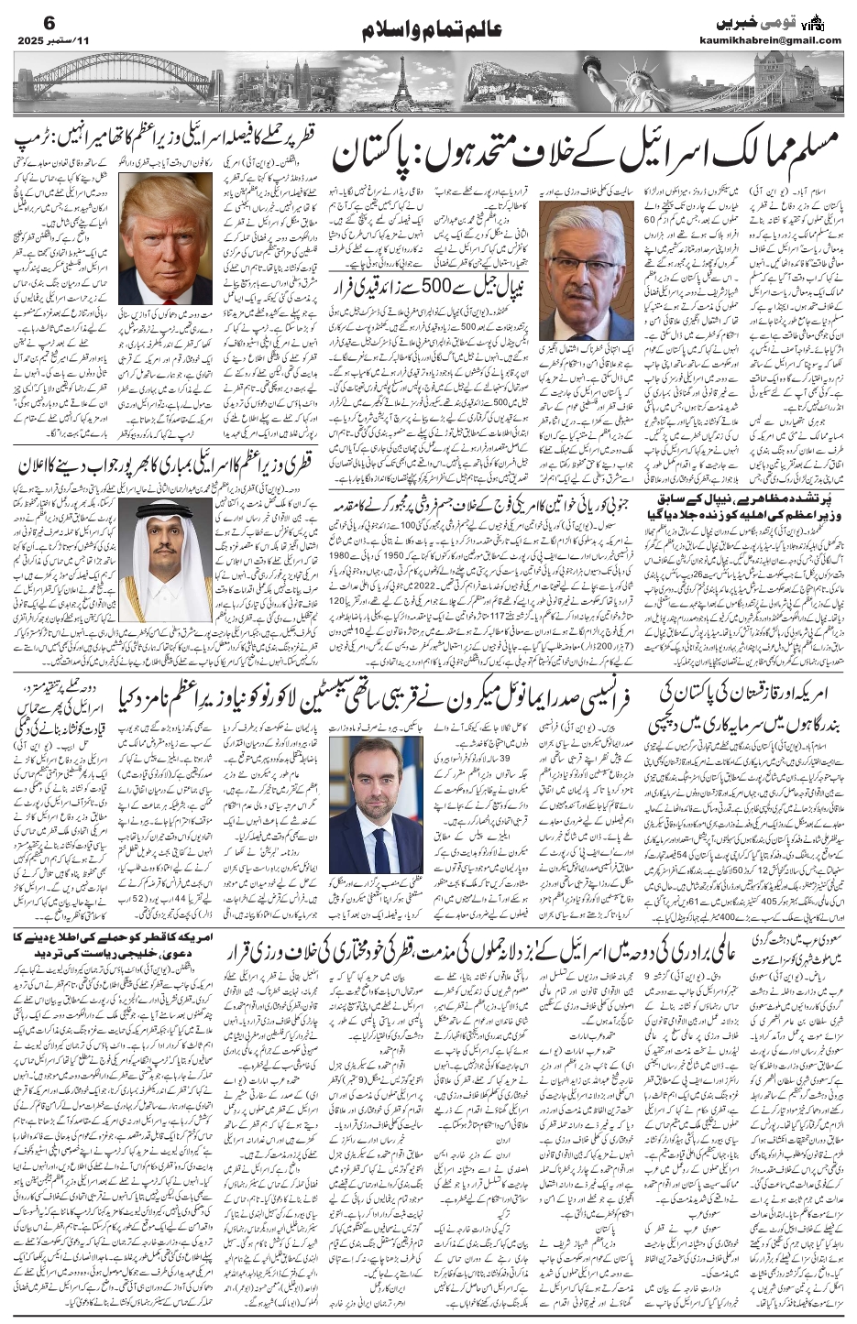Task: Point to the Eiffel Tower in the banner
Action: [401, 88]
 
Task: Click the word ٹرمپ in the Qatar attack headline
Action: [41, 143]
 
